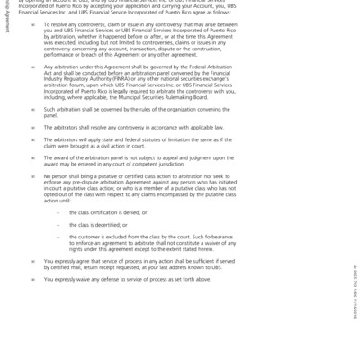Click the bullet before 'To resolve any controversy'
[x=33, y=25]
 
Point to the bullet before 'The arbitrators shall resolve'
[x=33, y=128]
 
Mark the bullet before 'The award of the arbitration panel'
[x=33, y=157]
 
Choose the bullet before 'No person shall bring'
[x=33, y=176]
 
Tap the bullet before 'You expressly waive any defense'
[x=33, y=279]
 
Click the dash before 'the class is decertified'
[x=59, y=224]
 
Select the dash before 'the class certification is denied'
[x=59, y=212]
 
